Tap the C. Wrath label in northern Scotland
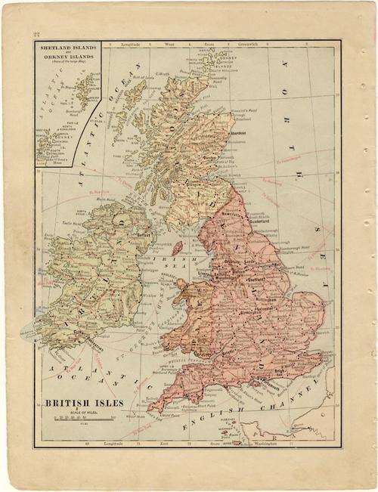162,73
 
